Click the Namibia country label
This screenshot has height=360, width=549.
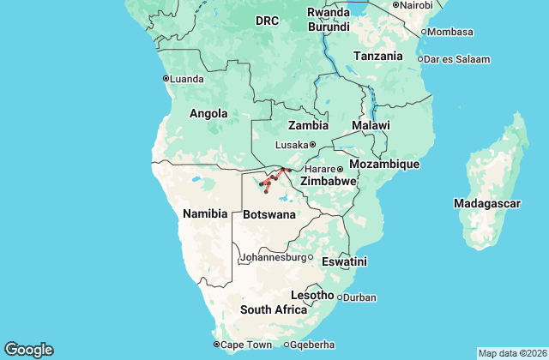tap(205, 213)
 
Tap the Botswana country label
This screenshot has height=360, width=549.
tap(270, 213)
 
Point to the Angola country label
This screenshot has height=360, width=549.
tap(208, 113)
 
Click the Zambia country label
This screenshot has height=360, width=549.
tap(309, 125)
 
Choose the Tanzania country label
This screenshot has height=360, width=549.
tap(377, 56)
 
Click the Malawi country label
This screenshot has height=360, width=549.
tap(371, 125)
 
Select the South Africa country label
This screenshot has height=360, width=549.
tap(273, 309)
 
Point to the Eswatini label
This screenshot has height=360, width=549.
tap(344, 261)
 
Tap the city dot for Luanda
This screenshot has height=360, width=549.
tap(166, 79)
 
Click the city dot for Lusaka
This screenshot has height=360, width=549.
tap(313, 144)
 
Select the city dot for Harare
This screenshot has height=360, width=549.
tap(340, 168)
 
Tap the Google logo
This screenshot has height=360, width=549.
tap(28, 349)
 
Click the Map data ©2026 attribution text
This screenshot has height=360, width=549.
tap(511, 353)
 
